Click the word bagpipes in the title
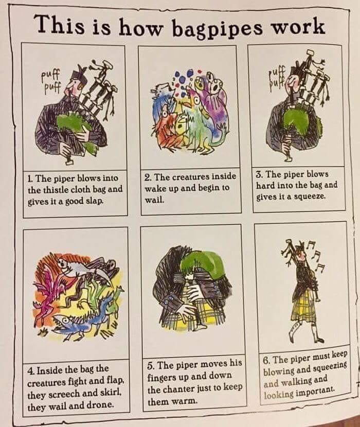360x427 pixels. click(x=218, y=30)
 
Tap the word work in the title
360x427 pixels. click(x=299, y=27)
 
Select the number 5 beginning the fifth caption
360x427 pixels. click(x=150, y=365)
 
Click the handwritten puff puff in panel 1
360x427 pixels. click(x=52, y=81)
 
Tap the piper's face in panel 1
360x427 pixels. click(x=74, y=87)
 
